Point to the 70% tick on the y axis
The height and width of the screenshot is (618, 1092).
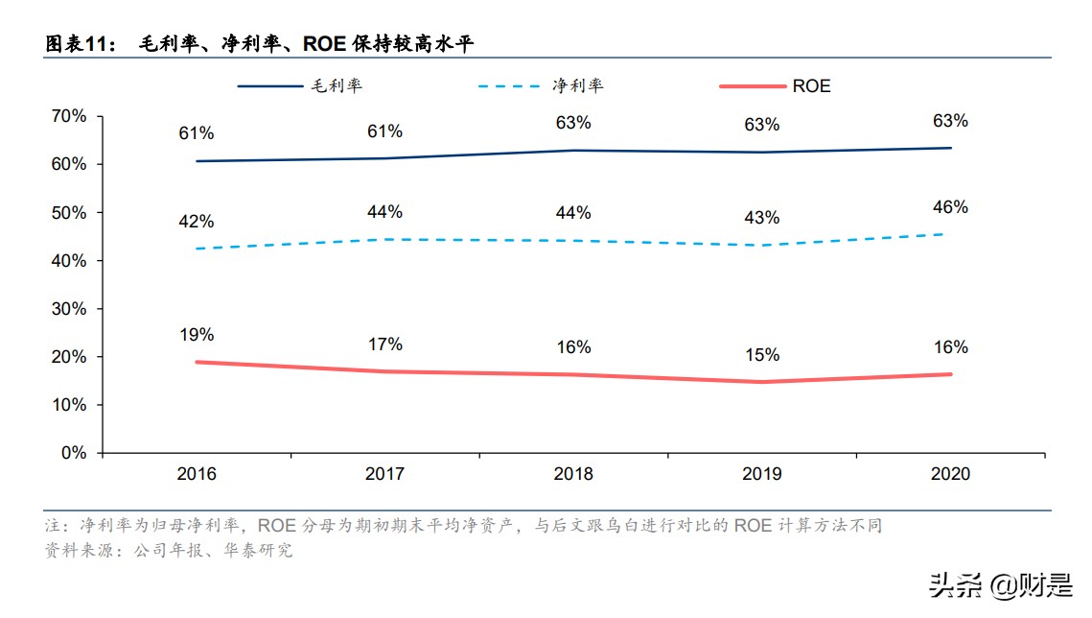click(68, 116)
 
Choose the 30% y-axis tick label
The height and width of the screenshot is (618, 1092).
click(68, 309)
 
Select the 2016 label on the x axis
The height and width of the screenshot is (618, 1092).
click(197, 474)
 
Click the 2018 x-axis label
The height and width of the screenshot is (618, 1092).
click(573, 474)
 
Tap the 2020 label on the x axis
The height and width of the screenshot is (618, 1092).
click(950, 474)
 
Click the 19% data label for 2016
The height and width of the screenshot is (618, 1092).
click(196, 335)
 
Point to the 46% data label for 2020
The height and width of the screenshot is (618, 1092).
click(950, 207)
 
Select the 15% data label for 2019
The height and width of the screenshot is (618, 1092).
click(761, 355)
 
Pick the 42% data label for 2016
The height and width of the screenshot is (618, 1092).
click(196, 222)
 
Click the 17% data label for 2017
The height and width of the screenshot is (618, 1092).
click(384, 345)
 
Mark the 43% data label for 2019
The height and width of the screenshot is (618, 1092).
click(761, 218)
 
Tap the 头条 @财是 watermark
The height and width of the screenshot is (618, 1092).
click(996, 584)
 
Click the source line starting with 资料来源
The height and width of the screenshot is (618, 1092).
click(169, 551)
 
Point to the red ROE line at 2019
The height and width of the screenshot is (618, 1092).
click(761, 382)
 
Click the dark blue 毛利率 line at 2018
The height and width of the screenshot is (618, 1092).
click(573, 151)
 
